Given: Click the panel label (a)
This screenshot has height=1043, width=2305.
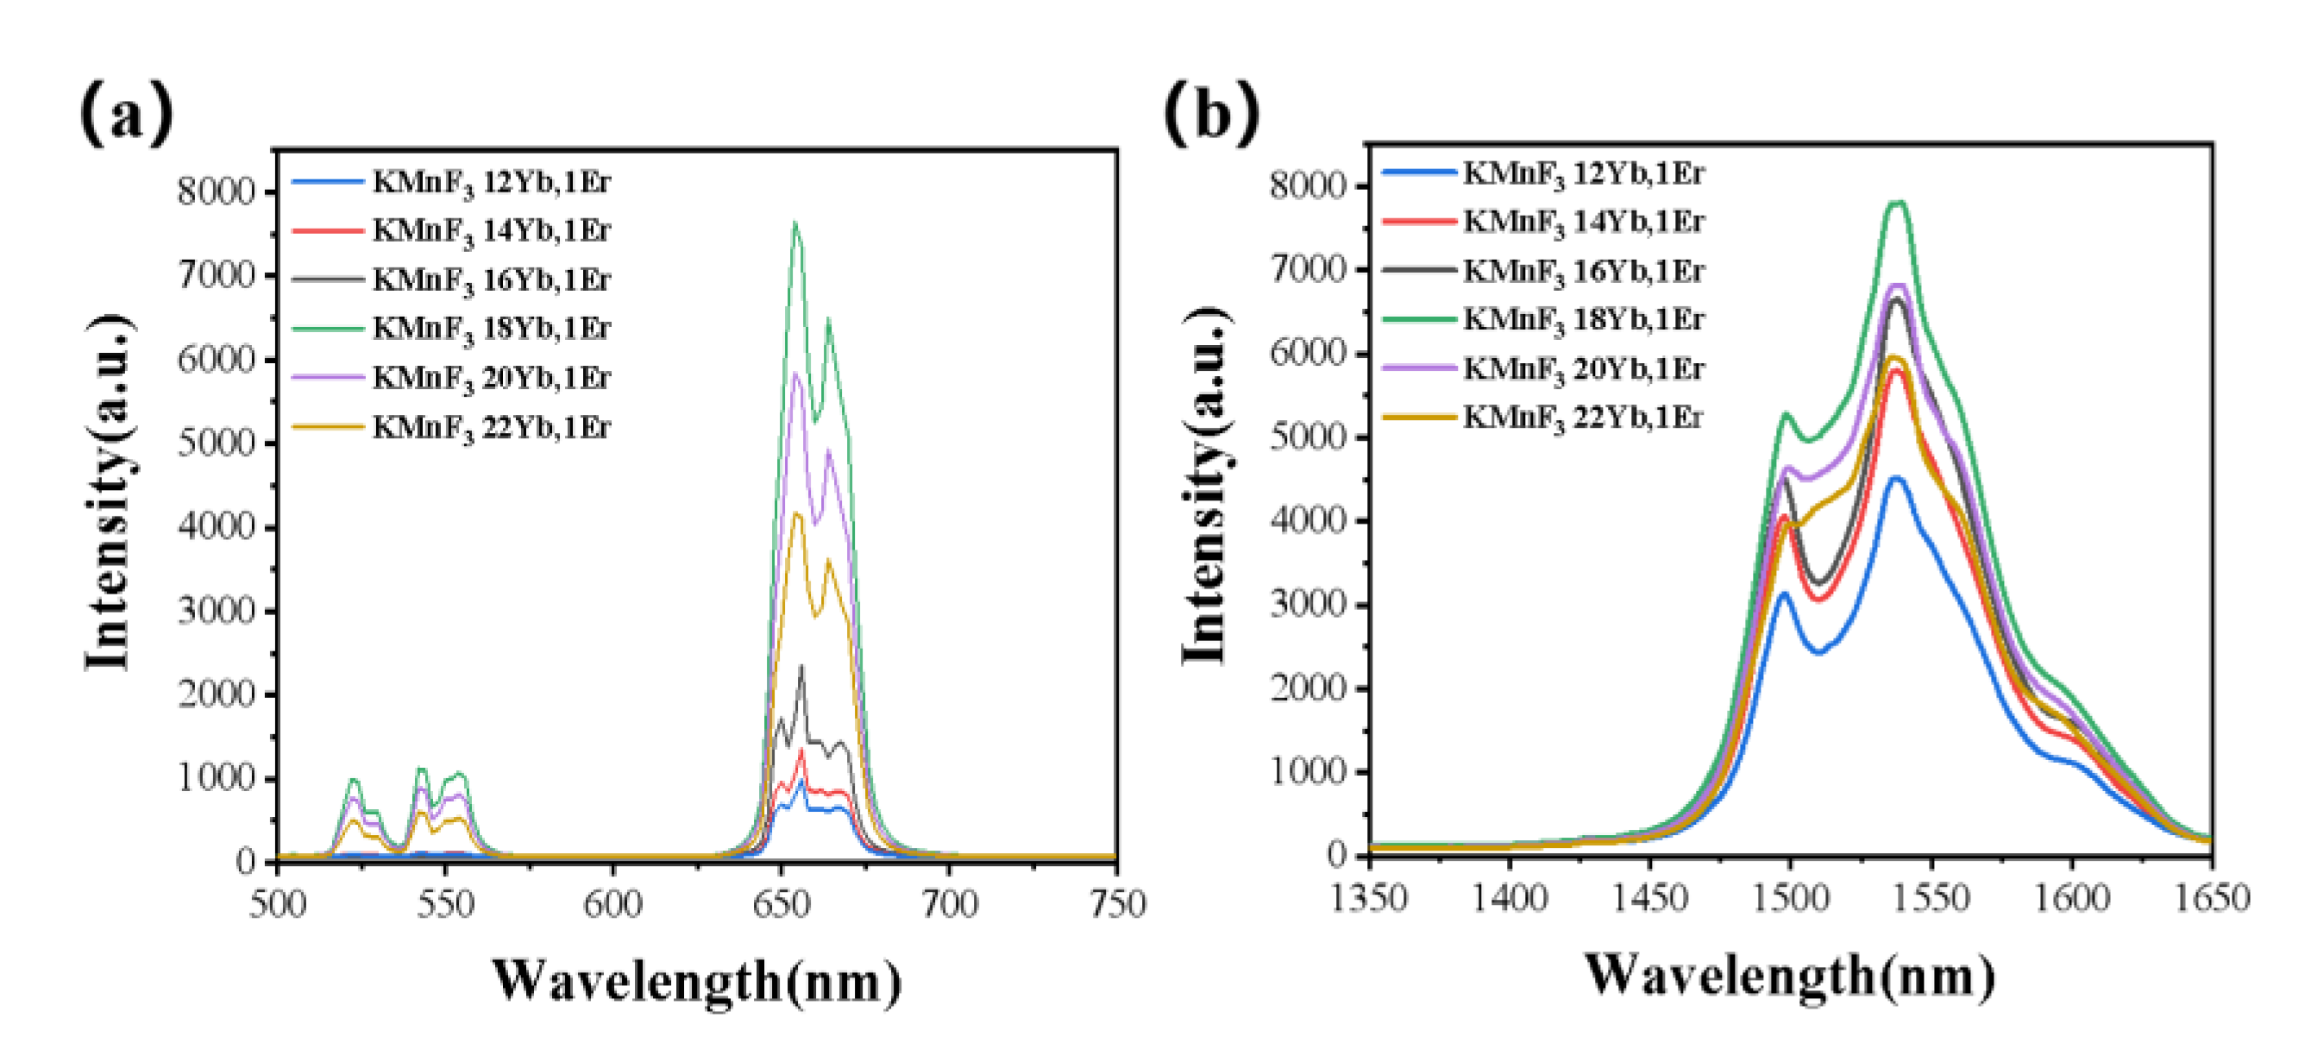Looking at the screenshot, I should tap(126, 113).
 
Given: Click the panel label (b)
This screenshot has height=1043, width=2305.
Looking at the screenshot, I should tap(1211, 113).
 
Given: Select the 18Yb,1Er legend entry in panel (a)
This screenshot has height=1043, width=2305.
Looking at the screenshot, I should tap(491, 329).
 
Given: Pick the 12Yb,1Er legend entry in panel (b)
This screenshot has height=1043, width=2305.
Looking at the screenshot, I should tap(1583, 173).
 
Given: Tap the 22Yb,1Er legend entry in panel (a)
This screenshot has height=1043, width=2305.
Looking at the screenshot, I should tap(491, 427).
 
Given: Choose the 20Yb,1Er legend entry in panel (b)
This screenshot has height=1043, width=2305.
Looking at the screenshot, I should tap(1583, 368).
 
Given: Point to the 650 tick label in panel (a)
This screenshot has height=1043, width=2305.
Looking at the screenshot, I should tap(782, 904).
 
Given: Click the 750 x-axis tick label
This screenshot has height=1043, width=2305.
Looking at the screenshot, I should tap(1117, 904).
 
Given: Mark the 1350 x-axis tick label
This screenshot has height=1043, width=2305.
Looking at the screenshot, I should tap(1368, 897).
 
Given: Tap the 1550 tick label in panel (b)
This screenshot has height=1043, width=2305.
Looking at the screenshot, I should tap(1931, 897).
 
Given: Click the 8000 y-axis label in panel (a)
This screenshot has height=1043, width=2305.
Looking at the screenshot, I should tap(216, 192).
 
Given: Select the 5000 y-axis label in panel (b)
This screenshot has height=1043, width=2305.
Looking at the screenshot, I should tap(1307, 437).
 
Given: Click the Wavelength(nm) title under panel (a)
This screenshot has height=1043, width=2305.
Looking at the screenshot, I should tap(697, 981).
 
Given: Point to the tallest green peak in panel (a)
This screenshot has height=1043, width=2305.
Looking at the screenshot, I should tap(794, 223).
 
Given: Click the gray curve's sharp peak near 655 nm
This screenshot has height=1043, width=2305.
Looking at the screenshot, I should tap(801, 665).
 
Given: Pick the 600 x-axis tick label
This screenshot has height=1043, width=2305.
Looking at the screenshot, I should tap(613, 904).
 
